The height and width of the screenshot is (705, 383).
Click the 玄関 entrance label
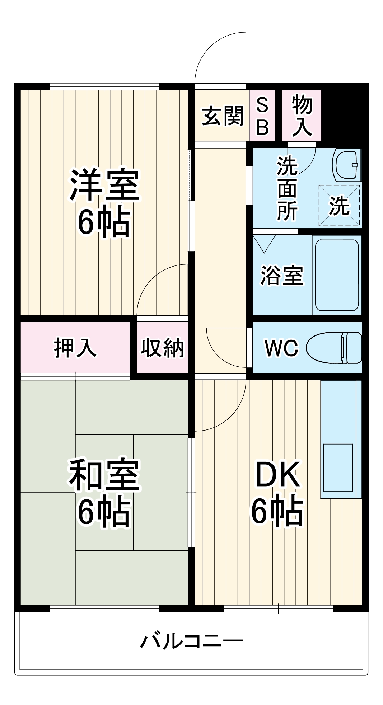coord(223,116)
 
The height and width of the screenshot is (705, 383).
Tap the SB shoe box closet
coord(262,116)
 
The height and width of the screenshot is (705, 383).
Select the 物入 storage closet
coord(302,116)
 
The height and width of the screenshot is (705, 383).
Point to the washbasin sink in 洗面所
coord(346,165)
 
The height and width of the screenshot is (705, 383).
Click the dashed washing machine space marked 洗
coord(339,206)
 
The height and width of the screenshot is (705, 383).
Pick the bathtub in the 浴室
coord(337,275)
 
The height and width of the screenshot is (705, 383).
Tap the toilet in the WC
coord(334,347)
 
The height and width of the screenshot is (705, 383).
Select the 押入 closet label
coord(75,348)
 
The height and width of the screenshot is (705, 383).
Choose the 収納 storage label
coord(162,348)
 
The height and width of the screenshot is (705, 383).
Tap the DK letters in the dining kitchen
coord(277,475)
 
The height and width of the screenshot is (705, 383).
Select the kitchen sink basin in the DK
coord(338,467)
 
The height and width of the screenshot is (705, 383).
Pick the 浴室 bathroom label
coord(282,276)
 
